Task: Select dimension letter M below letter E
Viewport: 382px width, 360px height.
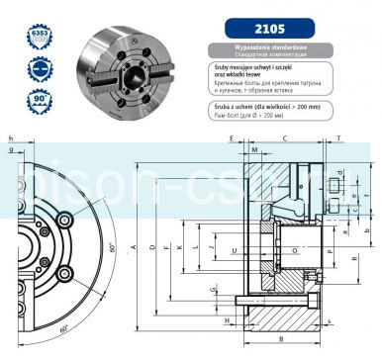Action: [254, 151]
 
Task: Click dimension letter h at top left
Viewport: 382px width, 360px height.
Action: [10, 139]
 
